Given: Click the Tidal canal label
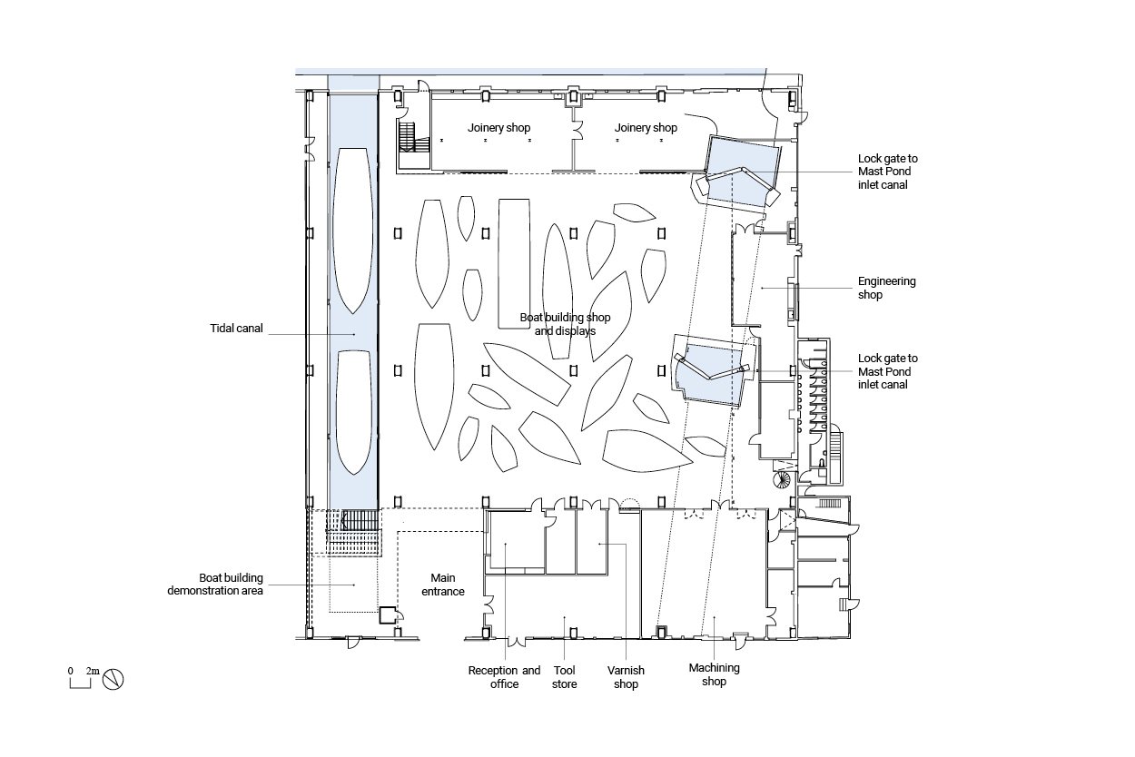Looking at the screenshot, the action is pyautogui.click(x=236, y=328).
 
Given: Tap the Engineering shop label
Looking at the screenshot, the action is pyautogui.click(x=886, y=288).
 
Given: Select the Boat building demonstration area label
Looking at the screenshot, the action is pyautogui.click(x=215, y=584).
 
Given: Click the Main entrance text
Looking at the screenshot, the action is pyautogui.click(x=443, y=585).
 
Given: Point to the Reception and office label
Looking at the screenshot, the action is pyautogui.click(x=504, y=677).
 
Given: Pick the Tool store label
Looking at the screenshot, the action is pyautogui.click(x=565, y=677).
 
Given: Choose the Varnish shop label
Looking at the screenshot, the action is pyautogui.click(x=626, y=677).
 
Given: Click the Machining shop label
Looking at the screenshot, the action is pyautogui.click(x=714, y=674).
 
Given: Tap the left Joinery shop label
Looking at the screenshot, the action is pyautogui.click(x=498, y=128).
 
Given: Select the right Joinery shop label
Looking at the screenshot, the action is pyautogui.click(x=646, y=128).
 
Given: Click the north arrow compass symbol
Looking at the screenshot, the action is pyautogui.click(x=113, y=679).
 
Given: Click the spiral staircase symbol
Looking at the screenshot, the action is pyautogui.click(x=782, y=479).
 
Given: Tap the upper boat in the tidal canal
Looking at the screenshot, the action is pyautogui.click(x=352, y=231).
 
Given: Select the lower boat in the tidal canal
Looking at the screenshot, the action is pyautogui.click(x=353, y=412).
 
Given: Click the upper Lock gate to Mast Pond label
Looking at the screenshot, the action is pyautogui.click(x=887, y=172).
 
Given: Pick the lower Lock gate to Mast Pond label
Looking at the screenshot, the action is pyautogui.click(x=887, y=371).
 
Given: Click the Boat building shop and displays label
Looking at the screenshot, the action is pyautogui.click(x=565, y=324).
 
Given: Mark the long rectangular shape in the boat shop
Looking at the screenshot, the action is pyautogui.click(x=514, y=263).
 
